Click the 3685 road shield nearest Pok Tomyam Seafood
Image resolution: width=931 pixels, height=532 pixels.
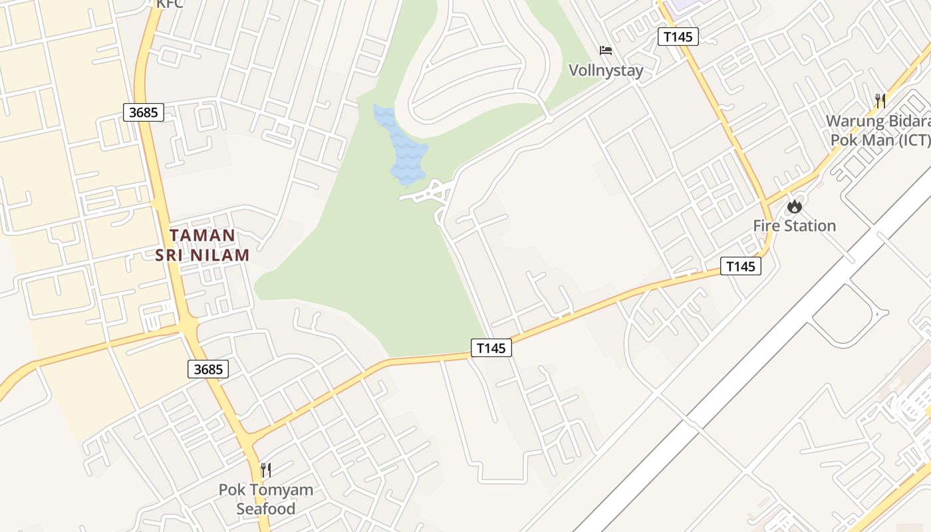click(208, 369)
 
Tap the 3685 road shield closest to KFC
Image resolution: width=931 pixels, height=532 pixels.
click(144, 112)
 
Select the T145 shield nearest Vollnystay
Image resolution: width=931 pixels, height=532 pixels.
click(678, 37)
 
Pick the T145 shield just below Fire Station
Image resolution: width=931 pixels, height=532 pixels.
click(741, 267)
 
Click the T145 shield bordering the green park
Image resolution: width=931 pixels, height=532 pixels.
click(491, 347)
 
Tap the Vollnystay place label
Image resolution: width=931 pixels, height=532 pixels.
click(606, 70)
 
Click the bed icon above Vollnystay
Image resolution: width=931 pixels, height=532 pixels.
click(605, 51)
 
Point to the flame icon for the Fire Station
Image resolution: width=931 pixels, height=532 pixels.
click(794, 206)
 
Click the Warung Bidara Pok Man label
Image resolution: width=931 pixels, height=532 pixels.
click(878, 131)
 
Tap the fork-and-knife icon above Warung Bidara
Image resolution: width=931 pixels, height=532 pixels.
click(880, 101)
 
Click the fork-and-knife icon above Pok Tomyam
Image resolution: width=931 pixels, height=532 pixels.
click(266, 470)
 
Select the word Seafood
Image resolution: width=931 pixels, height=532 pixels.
click(266, 509)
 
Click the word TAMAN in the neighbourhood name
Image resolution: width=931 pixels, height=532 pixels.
click(202, 235)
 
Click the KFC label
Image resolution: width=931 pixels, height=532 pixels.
click(170, 4)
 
